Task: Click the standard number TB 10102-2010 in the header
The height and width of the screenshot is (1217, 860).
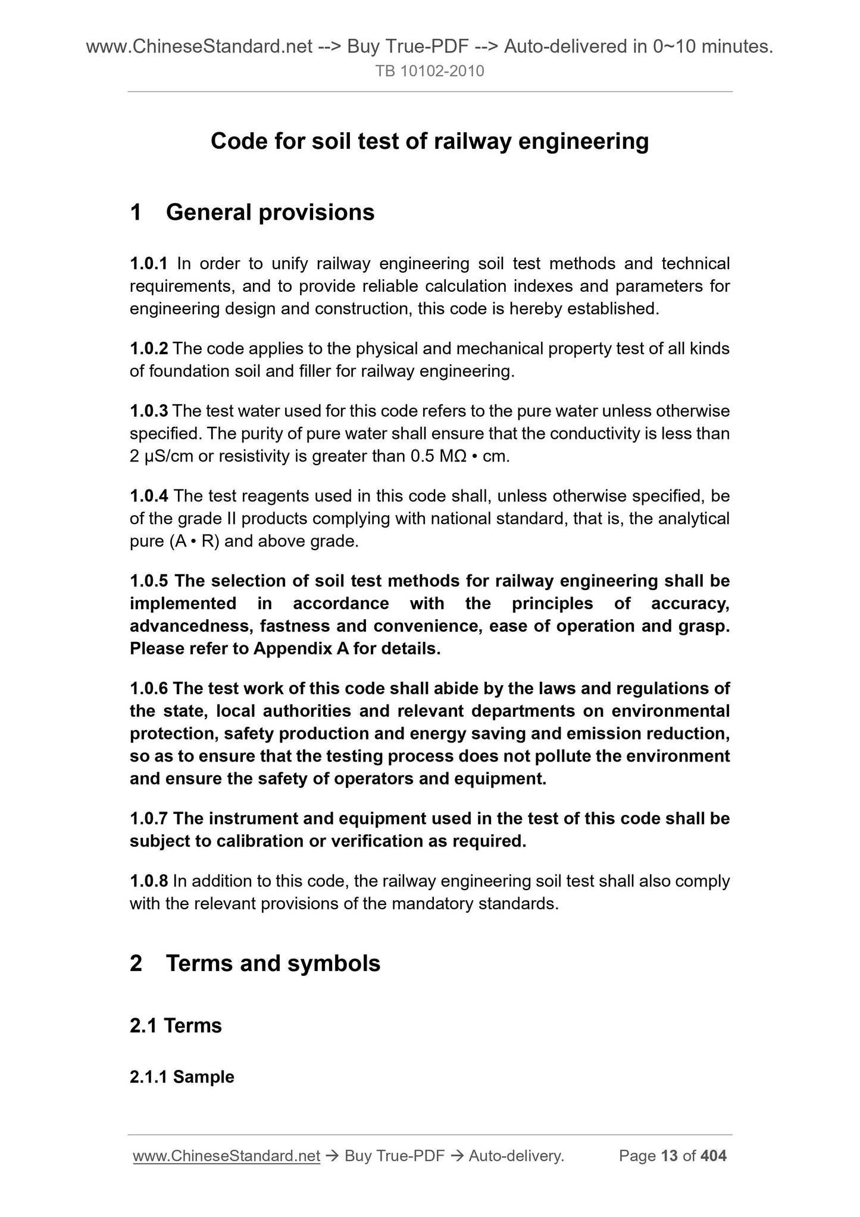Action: [x=430, y=71]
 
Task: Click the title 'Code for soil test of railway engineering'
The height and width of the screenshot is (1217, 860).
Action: [x=430, y=142]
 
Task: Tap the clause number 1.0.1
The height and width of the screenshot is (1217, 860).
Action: [x=149, y=263]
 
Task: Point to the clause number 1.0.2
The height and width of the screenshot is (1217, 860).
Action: [x=149, y=348]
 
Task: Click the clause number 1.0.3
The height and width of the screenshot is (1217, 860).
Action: [x=149, y=411]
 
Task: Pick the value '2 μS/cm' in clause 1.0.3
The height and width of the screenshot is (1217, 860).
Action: [x=164, y=457]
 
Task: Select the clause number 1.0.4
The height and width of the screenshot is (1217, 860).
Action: [x=149, y=496]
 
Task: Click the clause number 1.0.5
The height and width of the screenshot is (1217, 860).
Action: [x=149, y=581]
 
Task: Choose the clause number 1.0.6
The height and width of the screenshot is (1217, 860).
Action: [x=149, y=688]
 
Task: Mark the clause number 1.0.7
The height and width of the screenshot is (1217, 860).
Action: [x=149, y=819]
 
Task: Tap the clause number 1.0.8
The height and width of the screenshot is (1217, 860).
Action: [x=149, y=881]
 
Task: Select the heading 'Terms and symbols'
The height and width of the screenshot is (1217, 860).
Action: [x=273, y=963]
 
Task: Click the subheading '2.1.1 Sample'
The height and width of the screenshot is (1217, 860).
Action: [x=182, y=1077]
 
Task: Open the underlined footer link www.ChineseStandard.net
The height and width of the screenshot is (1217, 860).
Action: [x=227, y=1156]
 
